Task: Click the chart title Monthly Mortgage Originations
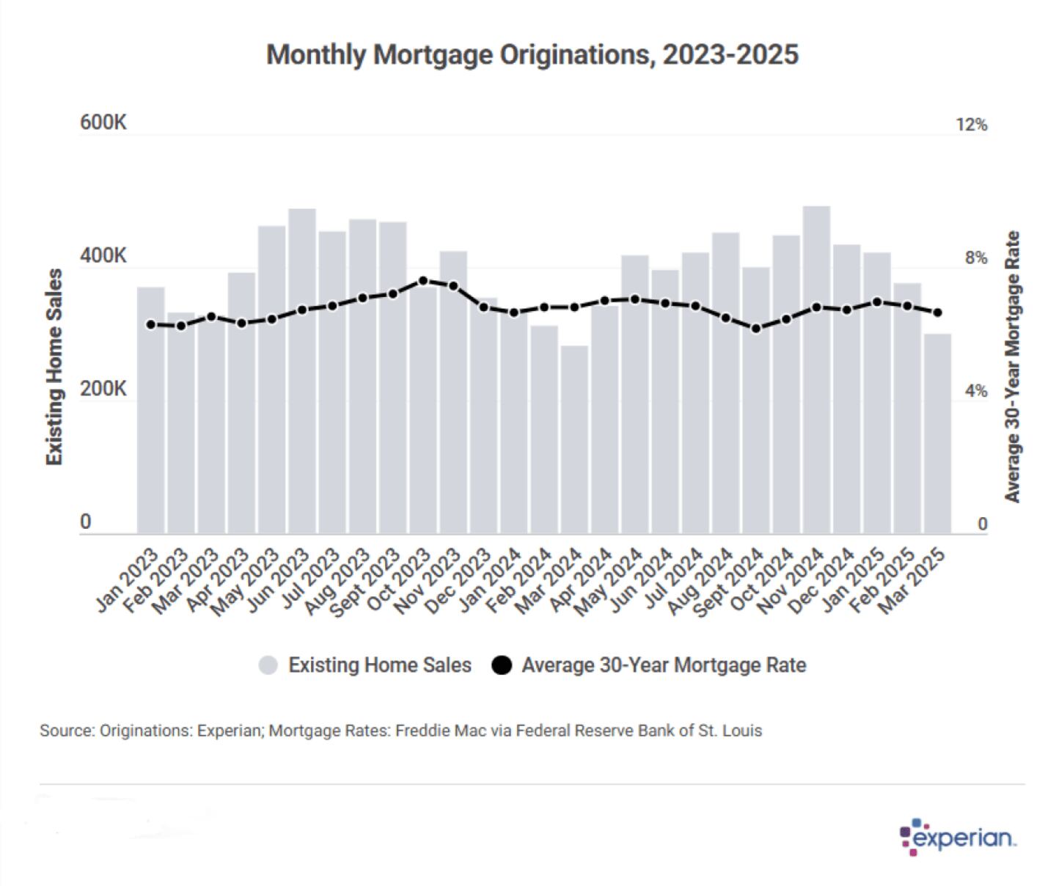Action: [x=532, y=55]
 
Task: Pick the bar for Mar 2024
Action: [x=575, y=440]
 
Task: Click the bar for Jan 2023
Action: [x=151, y=411]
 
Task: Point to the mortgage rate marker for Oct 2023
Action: [x=423, y=281]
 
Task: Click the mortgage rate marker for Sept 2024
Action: [x=756, y=329]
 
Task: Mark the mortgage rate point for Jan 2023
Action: [x=151, y=324]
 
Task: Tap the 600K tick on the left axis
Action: [x=103, y=122]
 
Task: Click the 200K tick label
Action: [x=103, y=389]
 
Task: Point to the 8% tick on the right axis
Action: [x=975, y=258]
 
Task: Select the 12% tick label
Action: [x=972, y=125]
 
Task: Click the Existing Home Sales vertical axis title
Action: [x=54, y=367]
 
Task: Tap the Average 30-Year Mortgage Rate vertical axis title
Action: [x=1013, y=367]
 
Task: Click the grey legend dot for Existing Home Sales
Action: [x=269, y=665]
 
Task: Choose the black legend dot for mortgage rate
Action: [x=502, y=665]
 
